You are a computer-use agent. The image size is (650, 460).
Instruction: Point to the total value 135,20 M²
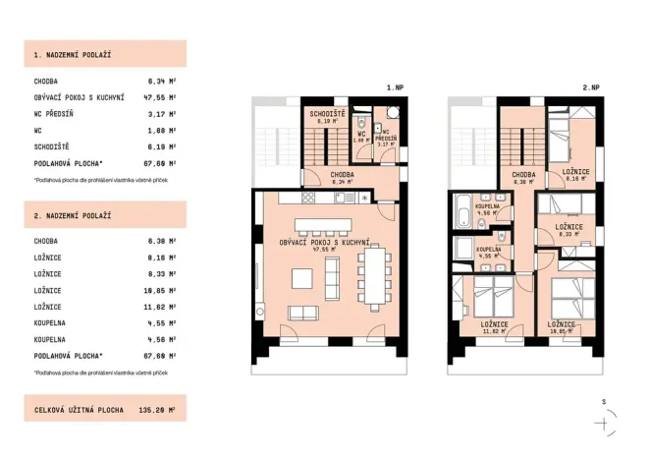point(159,408)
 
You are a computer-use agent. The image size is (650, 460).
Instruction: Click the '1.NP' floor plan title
point(395,88)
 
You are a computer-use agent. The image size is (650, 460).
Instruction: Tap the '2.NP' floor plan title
point(590,88)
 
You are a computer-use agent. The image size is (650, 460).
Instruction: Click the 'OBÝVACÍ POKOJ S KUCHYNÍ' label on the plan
point(325,243)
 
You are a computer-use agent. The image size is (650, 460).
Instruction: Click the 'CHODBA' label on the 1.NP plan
point(342,177)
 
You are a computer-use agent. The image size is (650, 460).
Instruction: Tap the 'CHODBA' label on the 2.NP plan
point(522,177)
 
